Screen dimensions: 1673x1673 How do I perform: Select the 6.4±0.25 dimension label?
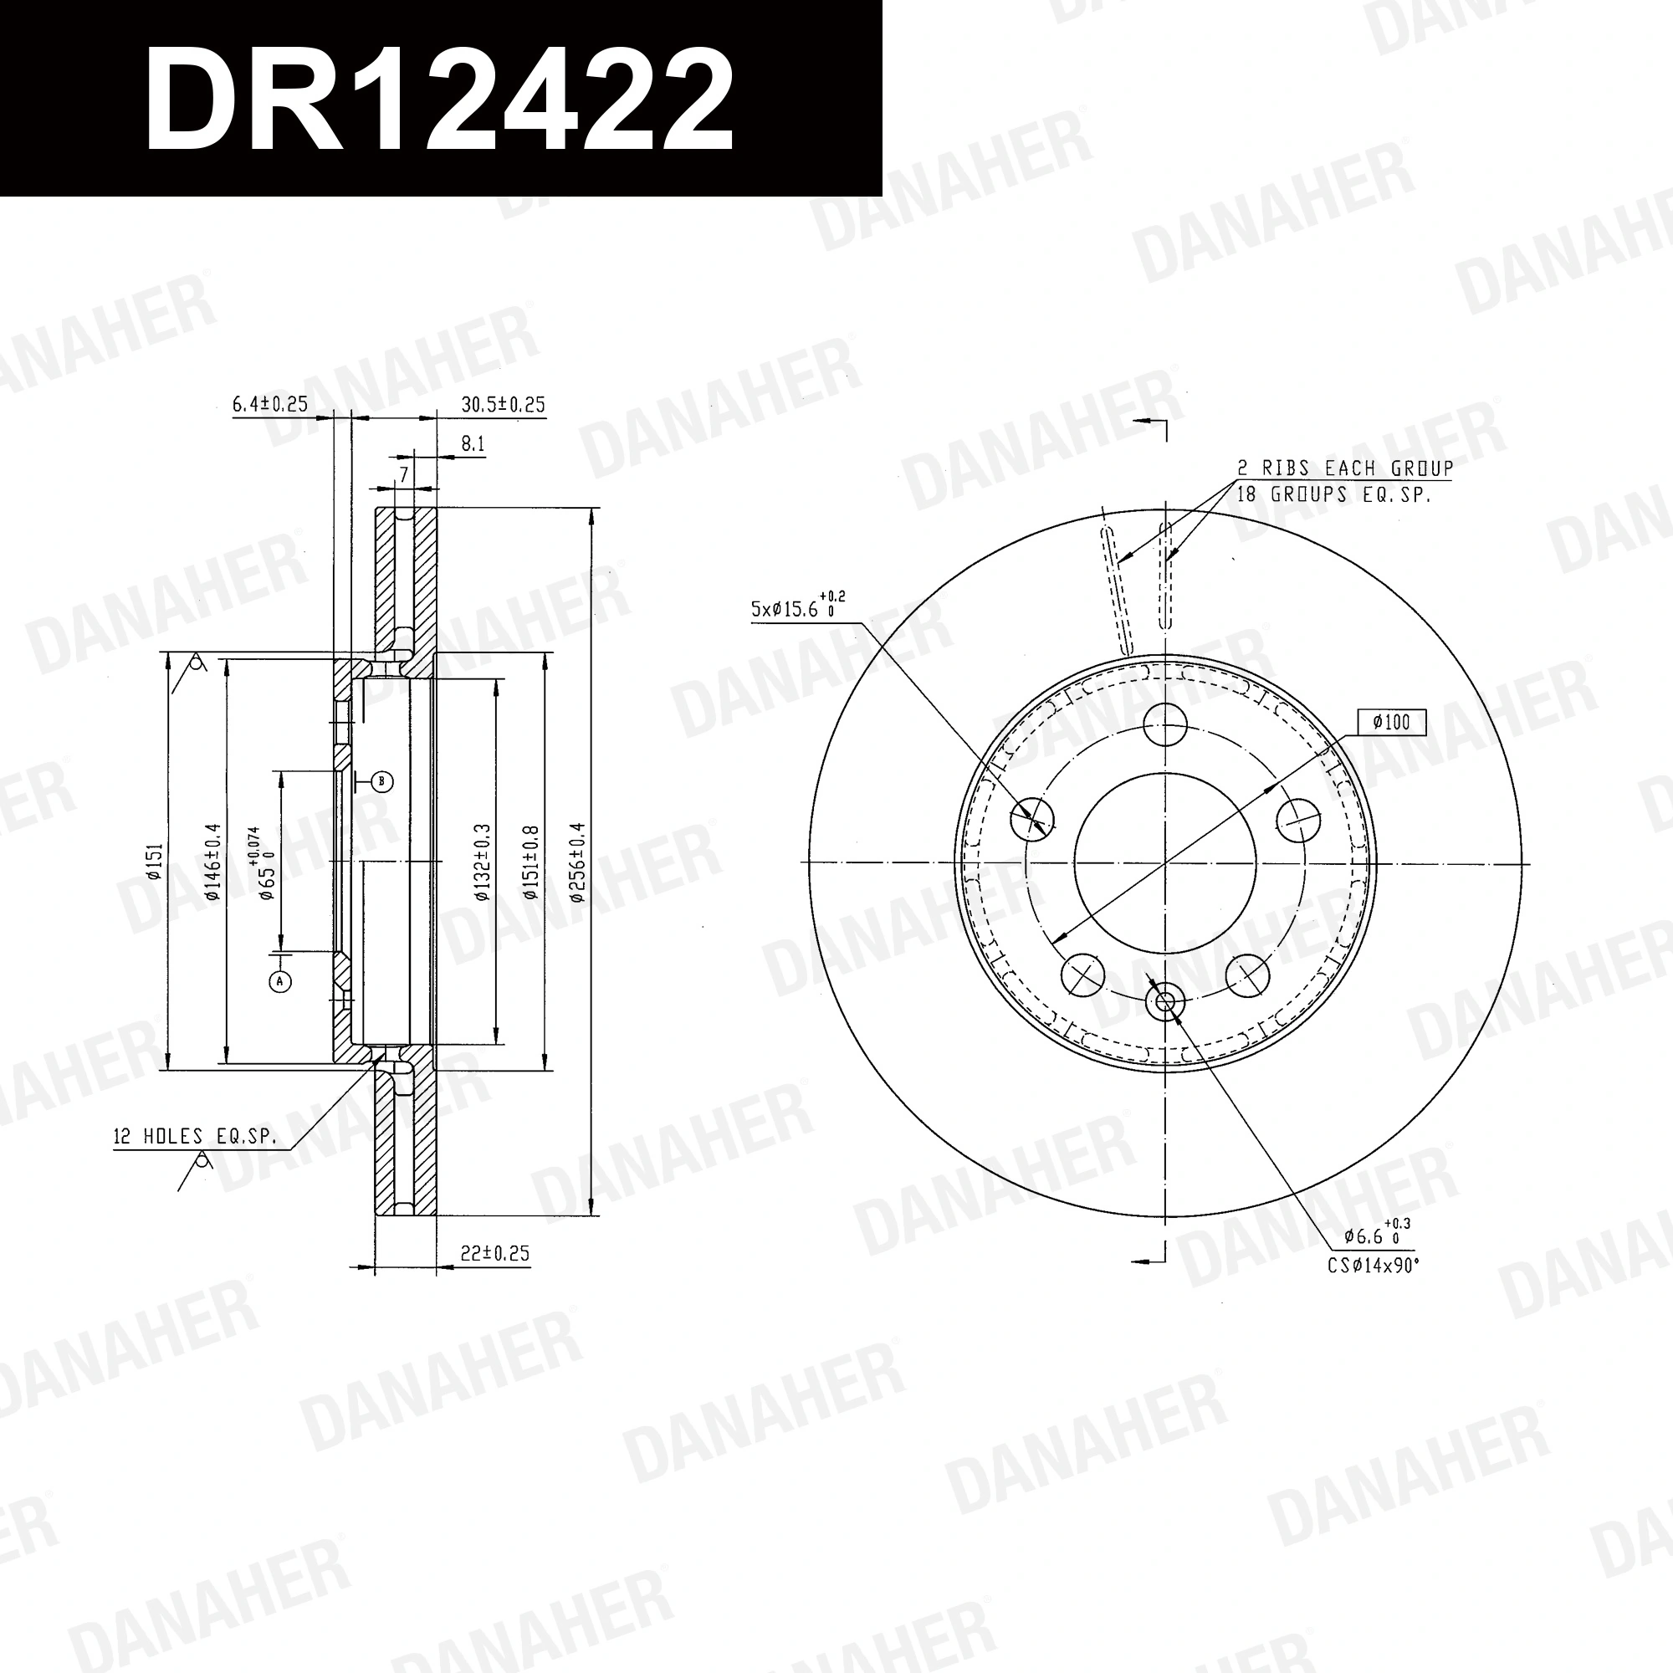click(x=270, y=404)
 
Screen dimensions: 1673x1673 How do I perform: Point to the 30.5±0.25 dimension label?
click(x=503, y=404)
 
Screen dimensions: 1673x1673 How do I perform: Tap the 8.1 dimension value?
click(x=473, y=445)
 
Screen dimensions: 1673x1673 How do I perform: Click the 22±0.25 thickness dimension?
click(x=494, y=1253)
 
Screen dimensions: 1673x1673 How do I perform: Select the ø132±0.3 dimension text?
click(x=483, y=862)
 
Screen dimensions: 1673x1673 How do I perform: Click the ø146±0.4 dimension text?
click(x=214, y=862)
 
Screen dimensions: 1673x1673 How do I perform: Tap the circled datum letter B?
click(x=382, y=782)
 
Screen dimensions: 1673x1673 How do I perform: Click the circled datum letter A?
click(x=279, y=982)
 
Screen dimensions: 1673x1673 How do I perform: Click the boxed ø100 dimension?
click(x=1391, y=722)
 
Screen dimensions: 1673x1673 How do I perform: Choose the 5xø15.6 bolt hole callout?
click(x=796, y=608)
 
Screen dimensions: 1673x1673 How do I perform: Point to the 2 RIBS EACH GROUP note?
click(x=1344, y=468)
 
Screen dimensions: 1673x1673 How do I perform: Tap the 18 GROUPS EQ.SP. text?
click(x=1333, y=494)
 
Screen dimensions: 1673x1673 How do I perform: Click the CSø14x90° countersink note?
click(x=1374, y=1266)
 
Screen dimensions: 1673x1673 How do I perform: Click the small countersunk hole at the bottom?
click(x=1164, y=1002)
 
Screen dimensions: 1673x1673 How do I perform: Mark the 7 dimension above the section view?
click(x=403, y=473)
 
